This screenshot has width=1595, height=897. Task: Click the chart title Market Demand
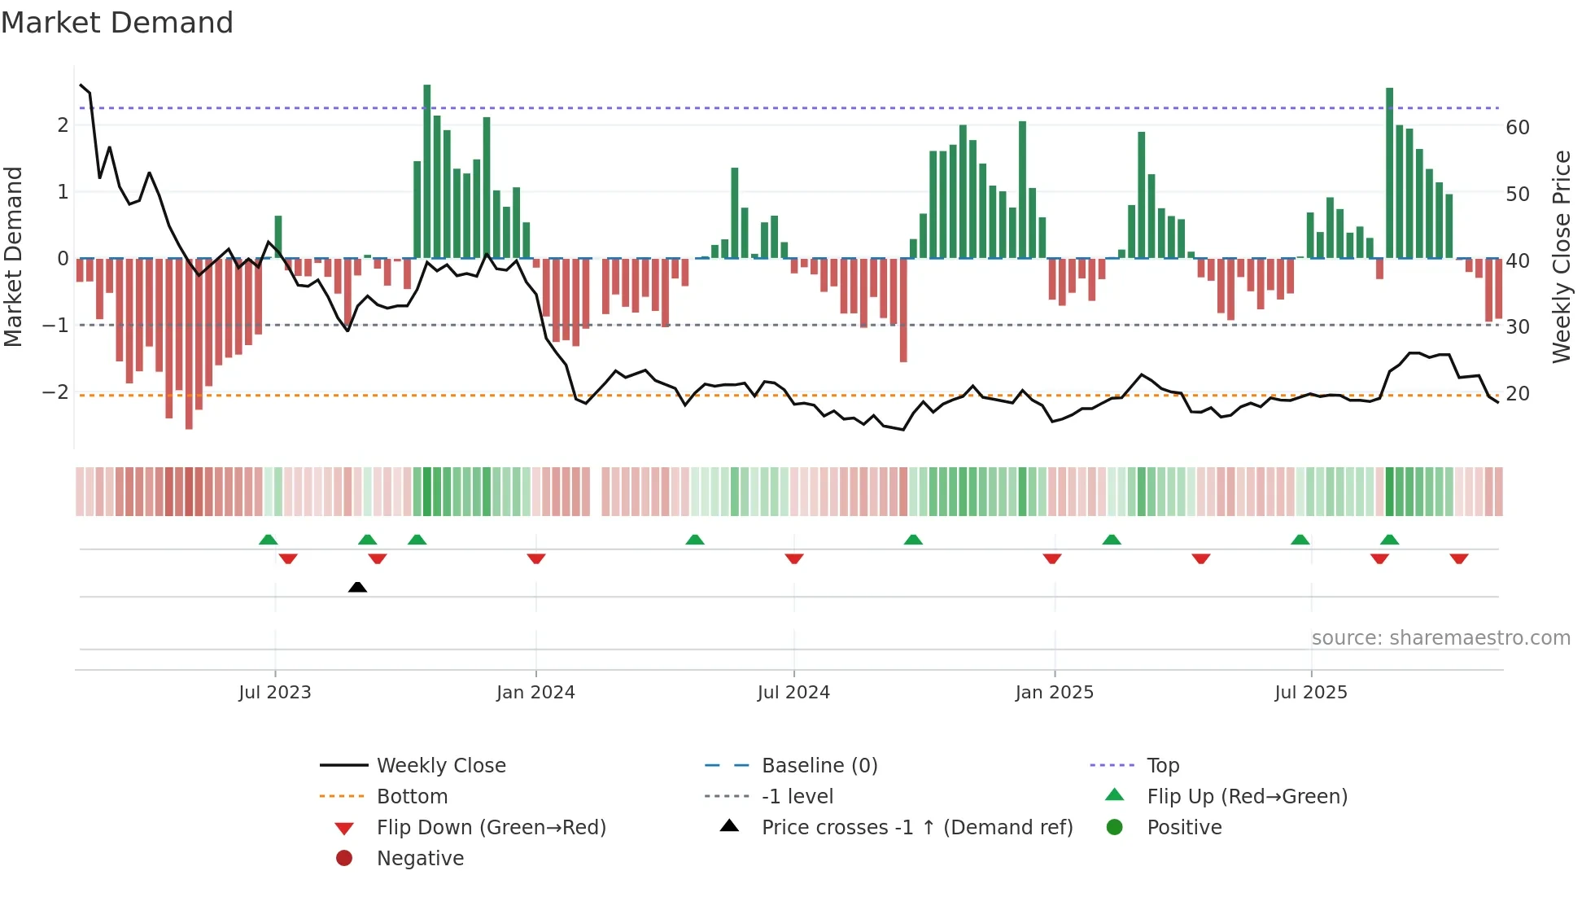(x=117, y=23)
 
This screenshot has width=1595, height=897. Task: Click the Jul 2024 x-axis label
(x=793, y=693)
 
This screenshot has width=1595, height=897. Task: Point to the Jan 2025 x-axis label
(x=1054, y=693)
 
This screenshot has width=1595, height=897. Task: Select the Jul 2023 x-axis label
(x=275, y=693)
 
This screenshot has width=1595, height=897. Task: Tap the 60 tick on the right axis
(x=1517, y=128)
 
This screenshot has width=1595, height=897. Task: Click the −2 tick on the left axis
(x=55, y=392)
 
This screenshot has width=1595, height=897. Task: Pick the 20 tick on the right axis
(x=1517, y=394)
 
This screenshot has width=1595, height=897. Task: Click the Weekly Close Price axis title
(x=1561, y=256)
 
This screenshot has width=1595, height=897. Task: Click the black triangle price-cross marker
(x=357, y=587)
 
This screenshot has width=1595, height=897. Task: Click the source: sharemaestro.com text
(x=1440, y=638)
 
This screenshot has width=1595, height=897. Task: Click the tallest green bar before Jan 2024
(x=427, y=171)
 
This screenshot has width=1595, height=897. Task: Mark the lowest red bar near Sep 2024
(x=903, y=310)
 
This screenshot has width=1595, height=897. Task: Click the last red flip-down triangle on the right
(x=1458, y=558)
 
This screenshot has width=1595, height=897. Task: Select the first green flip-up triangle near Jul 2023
(x=268, y=539)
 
